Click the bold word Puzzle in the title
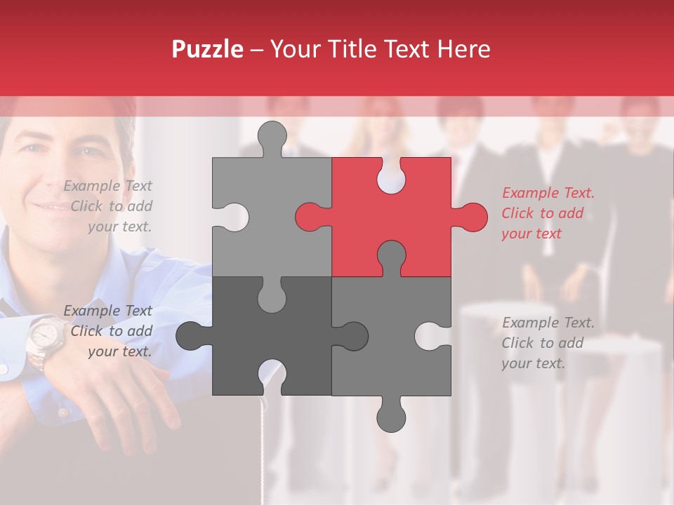coord(208,49)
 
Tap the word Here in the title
coord(463,49)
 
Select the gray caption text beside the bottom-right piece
coord(548,343)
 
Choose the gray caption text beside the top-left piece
coord(109,206)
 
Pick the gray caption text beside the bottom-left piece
coord(109,331)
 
